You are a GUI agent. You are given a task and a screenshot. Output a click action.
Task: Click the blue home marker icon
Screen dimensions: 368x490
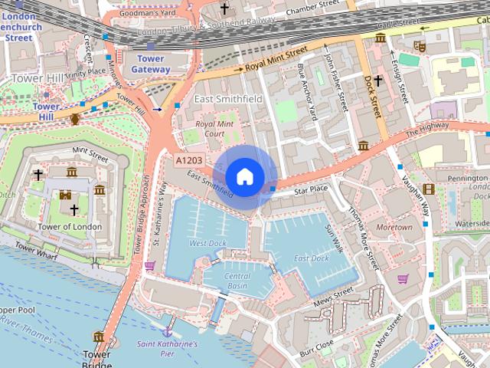coord(244,176)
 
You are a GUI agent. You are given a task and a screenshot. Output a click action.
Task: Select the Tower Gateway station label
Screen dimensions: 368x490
coord(150,64)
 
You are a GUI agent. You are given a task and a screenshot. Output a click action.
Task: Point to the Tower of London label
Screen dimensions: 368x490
coord(70,226)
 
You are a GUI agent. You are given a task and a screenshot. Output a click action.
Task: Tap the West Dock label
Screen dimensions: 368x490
coord(207,243)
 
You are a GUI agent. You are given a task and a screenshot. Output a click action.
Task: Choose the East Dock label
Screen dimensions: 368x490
coord(311,258)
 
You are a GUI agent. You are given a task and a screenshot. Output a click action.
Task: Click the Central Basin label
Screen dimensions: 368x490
coord(237,281)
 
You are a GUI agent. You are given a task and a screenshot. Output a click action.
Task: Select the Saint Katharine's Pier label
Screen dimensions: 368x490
coord(168,350)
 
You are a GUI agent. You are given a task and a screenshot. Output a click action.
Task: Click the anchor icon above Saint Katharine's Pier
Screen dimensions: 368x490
coord(167,331)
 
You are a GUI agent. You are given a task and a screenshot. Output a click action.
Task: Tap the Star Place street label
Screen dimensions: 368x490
coord(311,188)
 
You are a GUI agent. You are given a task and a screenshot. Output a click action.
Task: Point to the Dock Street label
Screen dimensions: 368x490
coord(371,95)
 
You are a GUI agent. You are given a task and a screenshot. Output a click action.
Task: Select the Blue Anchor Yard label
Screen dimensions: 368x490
coord(306,92)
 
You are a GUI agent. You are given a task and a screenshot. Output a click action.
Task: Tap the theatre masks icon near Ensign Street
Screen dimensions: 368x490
coord(419,45)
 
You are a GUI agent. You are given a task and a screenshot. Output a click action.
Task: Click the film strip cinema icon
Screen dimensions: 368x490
coord(428,189)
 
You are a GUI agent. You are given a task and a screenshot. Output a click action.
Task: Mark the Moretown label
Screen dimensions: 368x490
coord(394,228)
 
